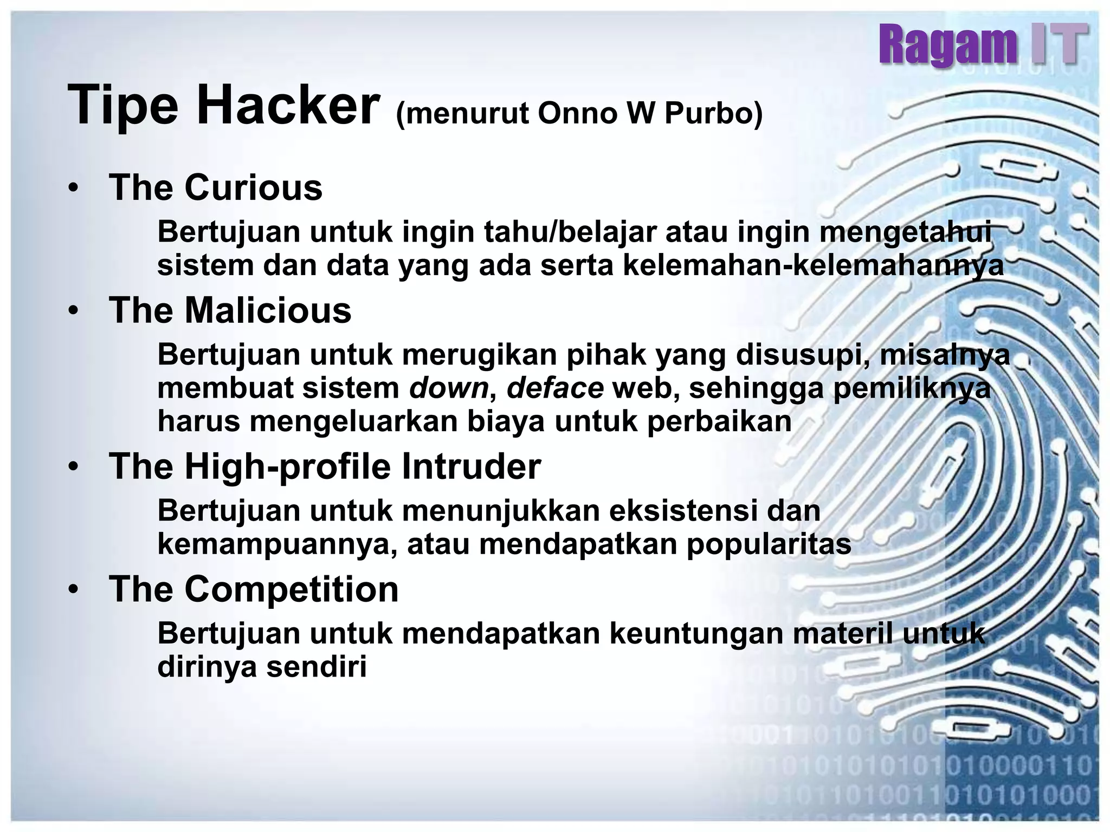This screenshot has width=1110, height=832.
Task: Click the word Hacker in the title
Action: pos(288,105)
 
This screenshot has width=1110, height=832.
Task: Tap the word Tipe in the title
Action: pos(122,105)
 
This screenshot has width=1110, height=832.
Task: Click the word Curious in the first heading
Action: pos(253,187)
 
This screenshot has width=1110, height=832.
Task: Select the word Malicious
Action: pos(268,310)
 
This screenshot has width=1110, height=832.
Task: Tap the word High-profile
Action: pos(287,466)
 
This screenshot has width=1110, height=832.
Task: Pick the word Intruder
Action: pos(471,466)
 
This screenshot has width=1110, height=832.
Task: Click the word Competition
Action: pos(292,589)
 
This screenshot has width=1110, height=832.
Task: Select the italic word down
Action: pos(449,388)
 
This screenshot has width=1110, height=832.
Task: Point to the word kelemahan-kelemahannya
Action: pos(813,265)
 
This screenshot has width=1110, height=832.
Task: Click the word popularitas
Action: pos(769,544)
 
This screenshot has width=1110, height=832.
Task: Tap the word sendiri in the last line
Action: pos(317,667)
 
